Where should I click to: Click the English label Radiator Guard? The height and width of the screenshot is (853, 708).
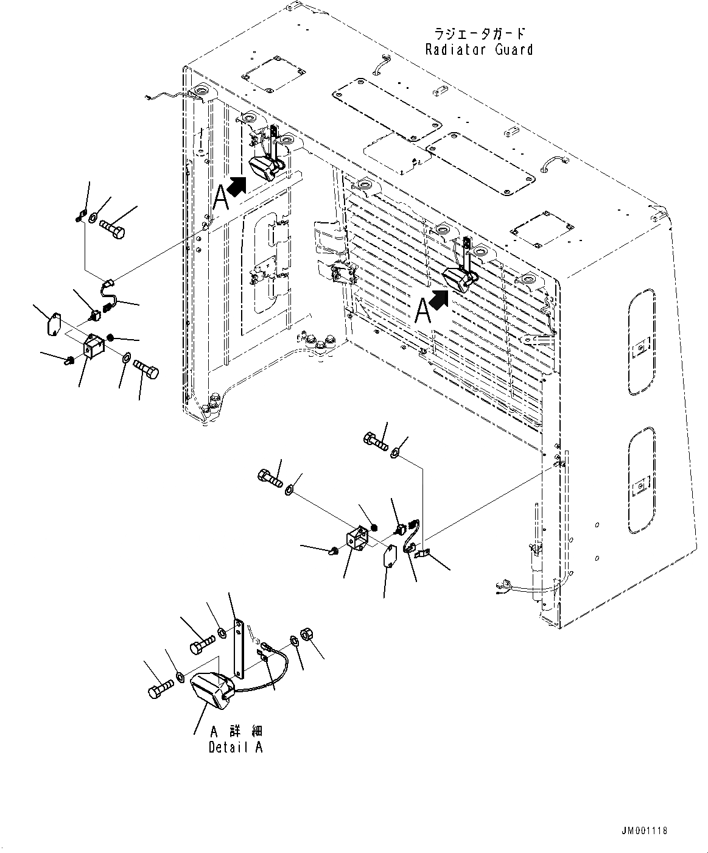tap(479, 50)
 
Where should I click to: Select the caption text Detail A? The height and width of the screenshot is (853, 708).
tap(235, 748)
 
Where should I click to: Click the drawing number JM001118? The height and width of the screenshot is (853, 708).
tap(645, 830)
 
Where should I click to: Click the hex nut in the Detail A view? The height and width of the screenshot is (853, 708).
tap(307, 634)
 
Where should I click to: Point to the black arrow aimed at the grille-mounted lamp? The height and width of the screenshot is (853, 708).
tap(440, 299)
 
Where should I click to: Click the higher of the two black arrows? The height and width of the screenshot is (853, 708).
tap(237, 185)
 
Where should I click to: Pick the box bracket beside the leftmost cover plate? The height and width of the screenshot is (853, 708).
tap(94, 348)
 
